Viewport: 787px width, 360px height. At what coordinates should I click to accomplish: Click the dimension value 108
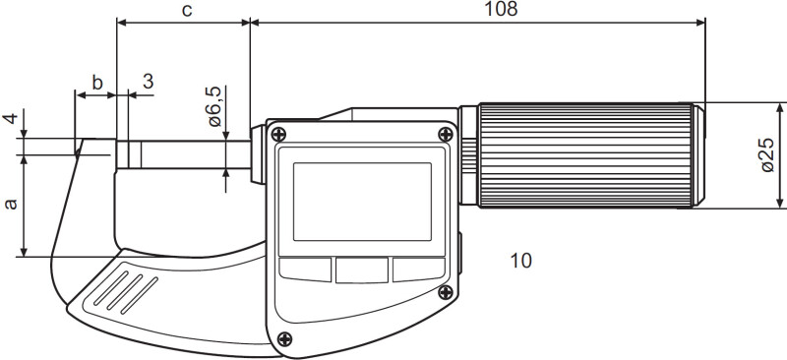(x=501, y=9)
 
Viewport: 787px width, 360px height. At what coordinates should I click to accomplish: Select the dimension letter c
(x=187, y=10)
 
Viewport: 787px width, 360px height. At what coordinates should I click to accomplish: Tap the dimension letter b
(x=97, y=83)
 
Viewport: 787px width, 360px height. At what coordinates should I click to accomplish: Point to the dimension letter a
(x=11, y=204)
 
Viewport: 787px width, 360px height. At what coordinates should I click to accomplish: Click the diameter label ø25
(x=768, y=154)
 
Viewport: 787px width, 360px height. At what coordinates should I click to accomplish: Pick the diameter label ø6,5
(x=213, y=106)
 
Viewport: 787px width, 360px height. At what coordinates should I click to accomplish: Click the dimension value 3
(x=148, y=82)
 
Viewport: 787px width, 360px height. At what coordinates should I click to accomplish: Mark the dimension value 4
(x=10, y=118)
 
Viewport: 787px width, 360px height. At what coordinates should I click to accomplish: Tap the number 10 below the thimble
(x=521, y=261)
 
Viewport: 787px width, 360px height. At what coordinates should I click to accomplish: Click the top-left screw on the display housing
(x=278, y=134)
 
